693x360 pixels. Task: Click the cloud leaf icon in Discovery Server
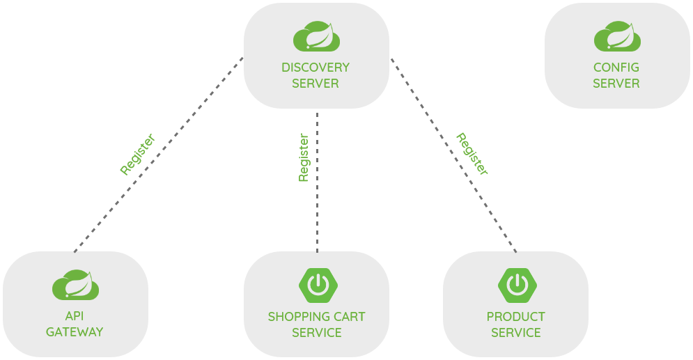click(316, 36)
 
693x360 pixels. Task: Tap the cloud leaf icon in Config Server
click(617, 36)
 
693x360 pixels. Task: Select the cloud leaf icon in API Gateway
click(76, 285)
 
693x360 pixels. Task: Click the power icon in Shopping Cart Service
click(318, 285)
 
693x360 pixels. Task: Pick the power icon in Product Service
click(517, 285)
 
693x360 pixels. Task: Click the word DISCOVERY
click(316, 68)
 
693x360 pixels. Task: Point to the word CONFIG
click(616, 68)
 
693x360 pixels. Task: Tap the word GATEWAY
click(75, 331)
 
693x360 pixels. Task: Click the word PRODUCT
click(516, 317)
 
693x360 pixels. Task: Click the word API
click(75, 316)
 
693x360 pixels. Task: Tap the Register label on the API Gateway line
click(137, 154)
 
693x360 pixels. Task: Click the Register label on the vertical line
click(304, 157)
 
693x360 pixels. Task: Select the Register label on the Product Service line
click(472, 154)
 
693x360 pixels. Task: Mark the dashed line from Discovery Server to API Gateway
click(159, 155)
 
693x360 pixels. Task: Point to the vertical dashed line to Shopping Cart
click(318, 182)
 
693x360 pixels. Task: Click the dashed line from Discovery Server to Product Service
click(453, 155)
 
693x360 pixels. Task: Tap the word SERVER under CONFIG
click(616, 84)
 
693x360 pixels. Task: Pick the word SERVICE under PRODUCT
click(516, 333)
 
